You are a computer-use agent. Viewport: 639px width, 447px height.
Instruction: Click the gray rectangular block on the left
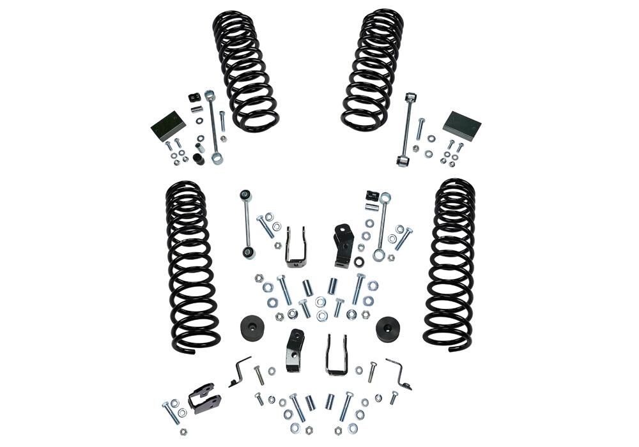168,126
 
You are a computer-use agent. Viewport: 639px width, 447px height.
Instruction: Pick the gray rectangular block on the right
462,125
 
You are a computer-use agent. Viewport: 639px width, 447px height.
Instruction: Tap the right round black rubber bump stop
390,328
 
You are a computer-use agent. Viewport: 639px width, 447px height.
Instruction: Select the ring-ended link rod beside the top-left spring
213,128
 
